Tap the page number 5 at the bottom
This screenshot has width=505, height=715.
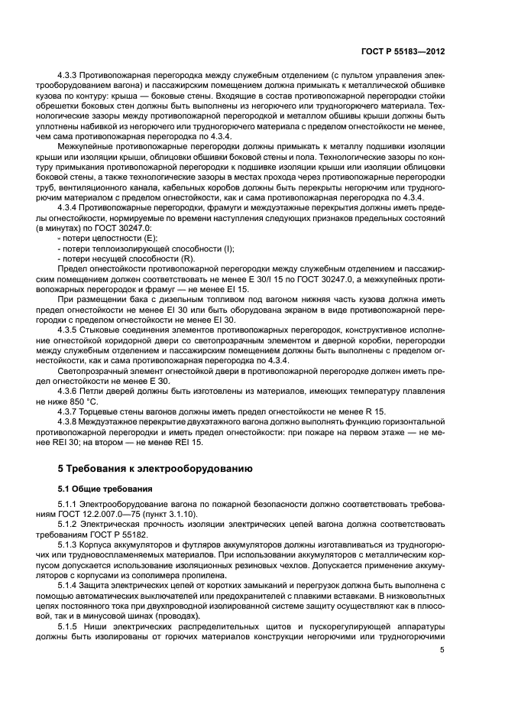pos(442,651)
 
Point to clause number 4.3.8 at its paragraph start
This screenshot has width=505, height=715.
pos(70,421)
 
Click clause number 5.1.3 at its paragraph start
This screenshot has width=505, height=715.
pos(70,546)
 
